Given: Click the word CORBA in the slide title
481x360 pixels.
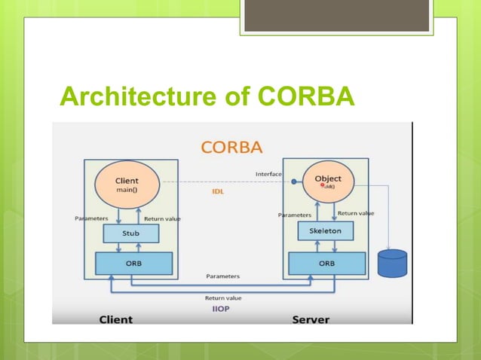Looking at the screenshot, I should coord(305,97).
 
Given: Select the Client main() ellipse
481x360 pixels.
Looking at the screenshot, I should coord(127,185).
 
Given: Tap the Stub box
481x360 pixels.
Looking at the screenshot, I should coord(130,233).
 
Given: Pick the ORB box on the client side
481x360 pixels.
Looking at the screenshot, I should coord(133,264).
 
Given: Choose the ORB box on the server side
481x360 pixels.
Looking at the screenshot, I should coord(326,264).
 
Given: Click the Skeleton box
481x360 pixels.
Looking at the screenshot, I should coord(326,230).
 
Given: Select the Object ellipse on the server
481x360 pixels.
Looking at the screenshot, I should coord(323,182).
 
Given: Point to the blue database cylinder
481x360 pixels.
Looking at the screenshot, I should coord(392,264).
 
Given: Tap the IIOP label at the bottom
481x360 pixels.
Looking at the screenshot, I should coord(223,309).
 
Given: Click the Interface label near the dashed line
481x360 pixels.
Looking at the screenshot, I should coord(268,175).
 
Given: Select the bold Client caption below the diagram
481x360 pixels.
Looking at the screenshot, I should coord(116,319).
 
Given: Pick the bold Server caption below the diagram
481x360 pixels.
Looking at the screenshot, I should coord(310,319).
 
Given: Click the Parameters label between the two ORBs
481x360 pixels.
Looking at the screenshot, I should coord(223,276).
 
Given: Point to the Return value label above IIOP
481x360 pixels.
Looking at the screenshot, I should coord(223,298).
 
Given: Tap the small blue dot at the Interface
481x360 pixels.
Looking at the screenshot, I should coord(294,181).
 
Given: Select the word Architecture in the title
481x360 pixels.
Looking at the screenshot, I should coord(137,97).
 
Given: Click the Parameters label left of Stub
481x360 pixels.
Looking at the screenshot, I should coord(91,218).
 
